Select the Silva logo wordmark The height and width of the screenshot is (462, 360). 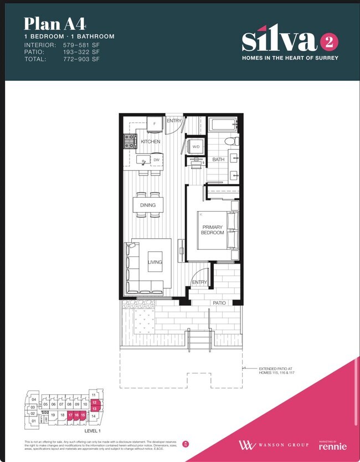tap(279, 40)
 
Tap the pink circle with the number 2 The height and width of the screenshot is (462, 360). tap(329, 42)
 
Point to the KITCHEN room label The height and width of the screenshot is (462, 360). tap(150, 142)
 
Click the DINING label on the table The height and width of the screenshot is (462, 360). tap(148, 205)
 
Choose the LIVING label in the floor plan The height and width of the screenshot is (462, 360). tap(155, 262)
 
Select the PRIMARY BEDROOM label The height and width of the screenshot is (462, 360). tap(213, 230)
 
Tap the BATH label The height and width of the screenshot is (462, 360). tap(218, 160)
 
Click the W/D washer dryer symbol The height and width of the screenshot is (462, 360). tap(196, 147)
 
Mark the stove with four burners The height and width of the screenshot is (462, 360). tap(130, 142)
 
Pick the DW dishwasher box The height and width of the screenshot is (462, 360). tap(156, 160)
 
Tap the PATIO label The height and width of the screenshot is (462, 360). tap(219, 303)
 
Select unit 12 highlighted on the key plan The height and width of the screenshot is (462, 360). tap(95, 402)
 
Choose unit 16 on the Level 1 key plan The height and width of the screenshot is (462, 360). tap(76, 414)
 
